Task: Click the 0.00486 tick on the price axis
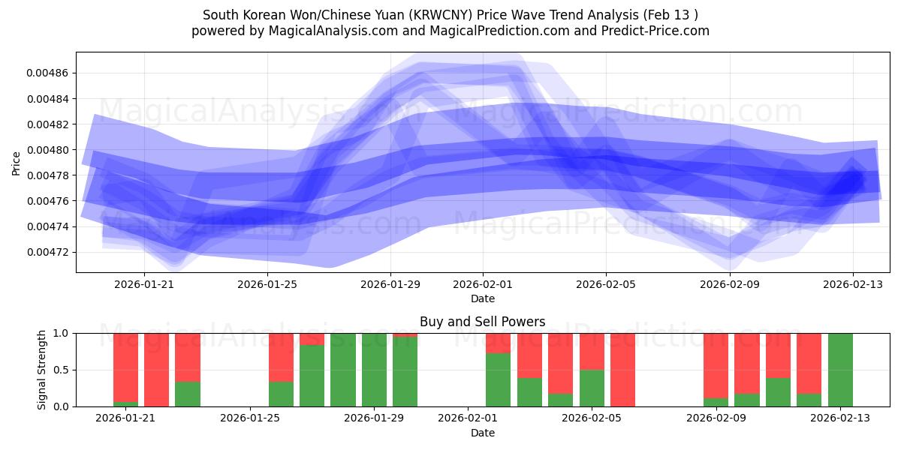47,73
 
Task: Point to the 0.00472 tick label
47,252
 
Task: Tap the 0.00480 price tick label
47,150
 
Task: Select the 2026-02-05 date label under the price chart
606,284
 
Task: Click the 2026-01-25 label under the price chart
267,284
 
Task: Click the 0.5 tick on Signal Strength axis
61,370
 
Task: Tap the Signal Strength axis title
42,370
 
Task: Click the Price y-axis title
16,163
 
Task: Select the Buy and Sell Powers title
482,322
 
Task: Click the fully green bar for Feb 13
840,370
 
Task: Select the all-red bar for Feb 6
623,370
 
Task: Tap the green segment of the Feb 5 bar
592,388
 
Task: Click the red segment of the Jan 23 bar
188,357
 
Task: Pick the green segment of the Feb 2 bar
498,379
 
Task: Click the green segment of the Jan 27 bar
312,375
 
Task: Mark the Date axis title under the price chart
482,298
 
